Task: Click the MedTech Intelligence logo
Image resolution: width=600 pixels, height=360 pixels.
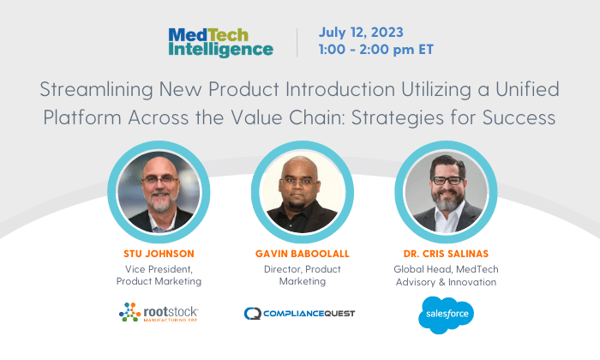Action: (221, 43)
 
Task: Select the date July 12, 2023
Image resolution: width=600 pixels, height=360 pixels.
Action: (361, 33)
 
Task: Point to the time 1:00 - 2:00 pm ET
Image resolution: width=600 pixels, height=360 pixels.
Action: (376, 50)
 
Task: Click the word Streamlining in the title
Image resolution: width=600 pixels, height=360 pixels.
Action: (97, 90)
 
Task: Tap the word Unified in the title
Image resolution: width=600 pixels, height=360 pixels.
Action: (527, 89)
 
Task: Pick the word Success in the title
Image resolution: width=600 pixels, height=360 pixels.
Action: (519, 117)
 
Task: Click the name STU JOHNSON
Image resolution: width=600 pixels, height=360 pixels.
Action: (159, 254)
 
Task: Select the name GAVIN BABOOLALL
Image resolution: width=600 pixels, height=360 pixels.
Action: (303, 254)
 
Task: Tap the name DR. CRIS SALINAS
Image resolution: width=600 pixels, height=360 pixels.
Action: (446, 254)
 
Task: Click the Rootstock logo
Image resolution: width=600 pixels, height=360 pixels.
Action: (159, 312)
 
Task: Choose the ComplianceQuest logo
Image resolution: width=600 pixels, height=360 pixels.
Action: (300, 314)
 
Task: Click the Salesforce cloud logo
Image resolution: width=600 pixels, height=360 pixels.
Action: (447, 315)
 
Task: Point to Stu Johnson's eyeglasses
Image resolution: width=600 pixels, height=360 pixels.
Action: (161, 180)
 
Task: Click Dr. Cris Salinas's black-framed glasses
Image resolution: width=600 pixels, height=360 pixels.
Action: (447, 180)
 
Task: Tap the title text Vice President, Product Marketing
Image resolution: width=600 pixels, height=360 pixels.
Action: (159, 275)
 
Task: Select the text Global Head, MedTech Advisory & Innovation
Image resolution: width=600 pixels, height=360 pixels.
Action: (447, 275)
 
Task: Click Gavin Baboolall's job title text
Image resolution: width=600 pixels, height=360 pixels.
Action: (303, 275)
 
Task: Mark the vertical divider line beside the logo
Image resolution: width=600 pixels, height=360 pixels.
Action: (297, 43)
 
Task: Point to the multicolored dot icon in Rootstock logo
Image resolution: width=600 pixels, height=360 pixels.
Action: (129, 312)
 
